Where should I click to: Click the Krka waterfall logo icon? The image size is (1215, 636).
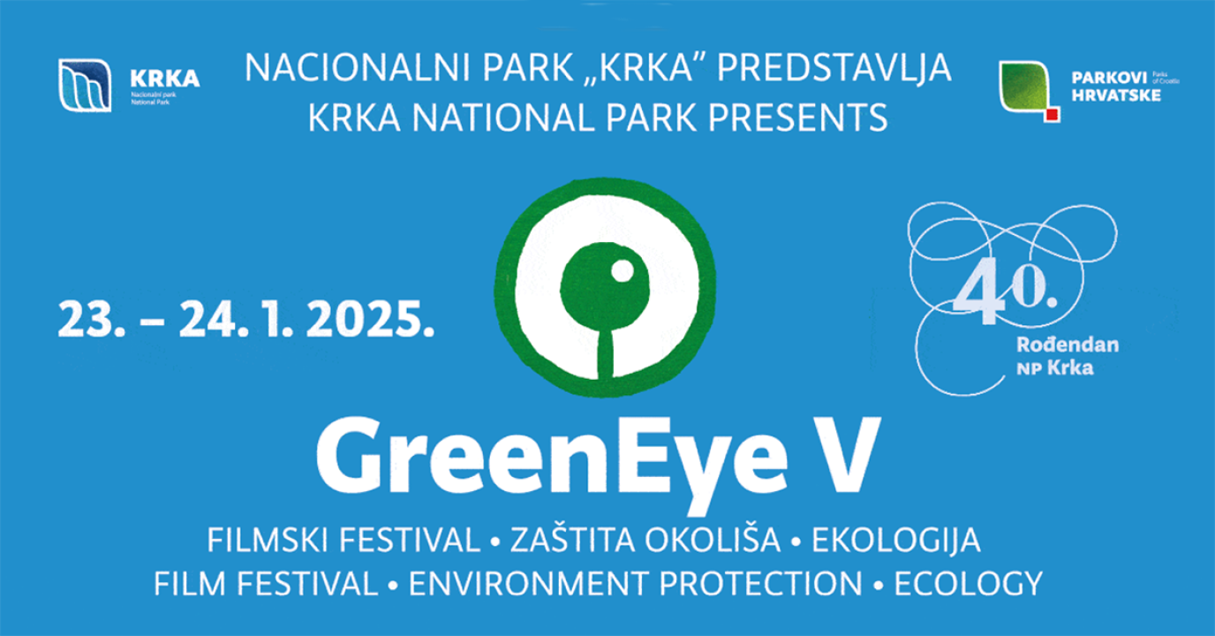coord(85,86)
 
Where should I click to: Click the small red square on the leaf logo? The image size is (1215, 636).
coord(1051,114)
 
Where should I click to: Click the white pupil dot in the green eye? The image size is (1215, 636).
coord(623,269)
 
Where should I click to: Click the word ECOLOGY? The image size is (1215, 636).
coord(968,584)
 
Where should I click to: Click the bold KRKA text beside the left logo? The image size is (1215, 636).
coord(164,79)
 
